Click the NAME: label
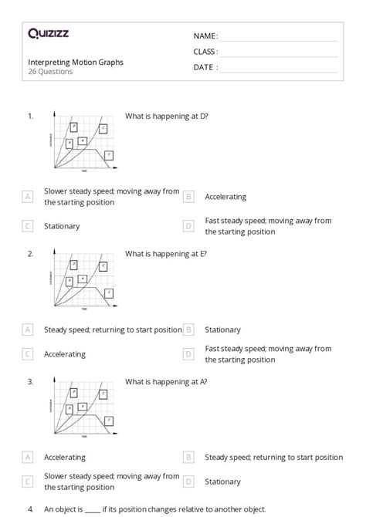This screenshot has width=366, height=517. click(x=205, y=36)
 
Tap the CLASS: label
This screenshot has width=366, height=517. click(x=205, y=52)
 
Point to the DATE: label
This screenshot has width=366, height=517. click(x=205, y=67)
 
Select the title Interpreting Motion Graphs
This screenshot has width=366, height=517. click(x=76, y=62)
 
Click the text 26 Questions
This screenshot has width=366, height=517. click(x=50, y=72)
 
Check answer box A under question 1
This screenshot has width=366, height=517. click(x=28, y=197)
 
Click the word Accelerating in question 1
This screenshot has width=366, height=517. click(x=225, y=197)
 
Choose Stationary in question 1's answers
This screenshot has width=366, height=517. click(x=62, y=226)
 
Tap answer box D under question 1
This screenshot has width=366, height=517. click(x=188, y=226)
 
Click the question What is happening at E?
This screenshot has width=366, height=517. click(x=166, y=253)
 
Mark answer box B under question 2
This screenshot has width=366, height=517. click(x=188, y=329)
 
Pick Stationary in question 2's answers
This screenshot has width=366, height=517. click(x=222, y=329)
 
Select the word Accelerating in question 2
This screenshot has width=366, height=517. click(x=65, y=354)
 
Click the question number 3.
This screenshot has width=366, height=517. click(x=30, y=381)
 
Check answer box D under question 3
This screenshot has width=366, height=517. click(x=188, y=482)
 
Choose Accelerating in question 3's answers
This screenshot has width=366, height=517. click(x=65, y=457)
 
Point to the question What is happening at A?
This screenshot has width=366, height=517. click(x=166, y=381)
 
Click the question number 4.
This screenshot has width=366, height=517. click(x=30, y=509)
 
